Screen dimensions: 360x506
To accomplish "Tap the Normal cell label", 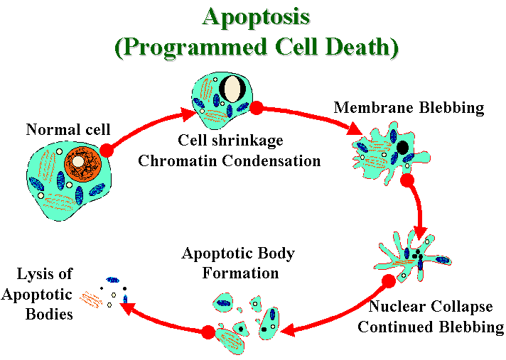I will click(x=68, y=129).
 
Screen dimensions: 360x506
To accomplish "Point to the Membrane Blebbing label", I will click(x=409, y=108).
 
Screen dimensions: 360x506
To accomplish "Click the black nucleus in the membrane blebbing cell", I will click(x=403, y=148).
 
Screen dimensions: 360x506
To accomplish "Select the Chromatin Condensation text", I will click(x=230, y=160).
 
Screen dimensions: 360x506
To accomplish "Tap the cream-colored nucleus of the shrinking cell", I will click(x=232, y=89).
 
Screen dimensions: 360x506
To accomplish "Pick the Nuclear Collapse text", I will click(x=431, y=307).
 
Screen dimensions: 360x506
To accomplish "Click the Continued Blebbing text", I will click(x=431, y=327).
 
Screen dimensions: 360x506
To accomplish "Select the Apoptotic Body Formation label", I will click(x=238, y=263).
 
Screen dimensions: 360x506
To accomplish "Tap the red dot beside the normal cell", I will click(x=107, y=150).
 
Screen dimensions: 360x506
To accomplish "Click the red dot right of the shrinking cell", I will click(x=257, y=107).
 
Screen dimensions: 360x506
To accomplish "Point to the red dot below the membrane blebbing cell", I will click(x=407, y=180).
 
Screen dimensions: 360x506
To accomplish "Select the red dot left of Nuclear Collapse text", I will click(x=388, y=281).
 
